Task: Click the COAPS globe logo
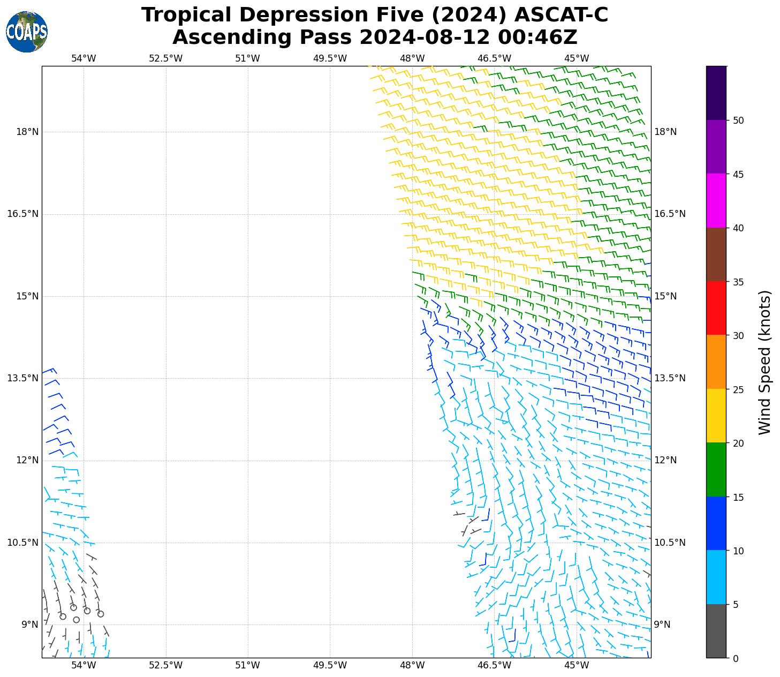(27, 32)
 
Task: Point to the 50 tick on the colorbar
(738, 121)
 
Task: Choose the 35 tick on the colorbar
(738, 282)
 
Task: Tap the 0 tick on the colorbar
(736, 658)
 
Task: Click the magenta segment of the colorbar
(716, 201)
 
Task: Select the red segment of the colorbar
(716, 308)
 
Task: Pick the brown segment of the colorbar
(716, 254)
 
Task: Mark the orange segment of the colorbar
(716, 362)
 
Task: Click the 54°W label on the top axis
(84, 58)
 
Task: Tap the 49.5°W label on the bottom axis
(330, 665)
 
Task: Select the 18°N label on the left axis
(27, 132)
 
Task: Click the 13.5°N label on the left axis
(22, 378)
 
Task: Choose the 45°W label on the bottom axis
(577, 665)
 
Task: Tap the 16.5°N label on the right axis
(670, 214)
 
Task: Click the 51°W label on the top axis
(247, 58)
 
